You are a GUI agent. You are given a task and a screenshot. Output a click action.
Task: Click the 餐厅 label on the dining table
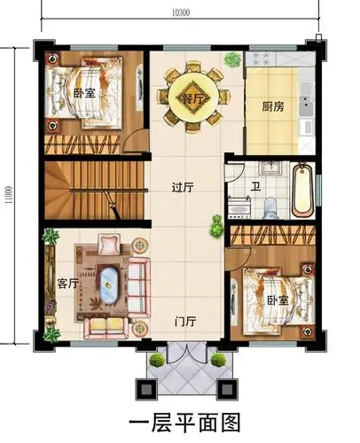(193, 97)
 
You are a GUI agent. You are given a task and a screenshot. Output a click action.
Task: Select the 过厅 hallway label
(183, 187)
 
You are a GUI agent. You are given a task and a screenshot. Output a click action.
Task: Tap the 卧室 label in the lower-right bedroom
(278, 300)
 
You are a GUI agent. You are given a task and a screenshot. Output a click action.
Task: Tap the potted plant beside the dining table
(232, 60)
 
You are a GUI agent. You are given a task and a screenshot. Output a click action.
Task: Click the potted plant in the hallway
(215, 228)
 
